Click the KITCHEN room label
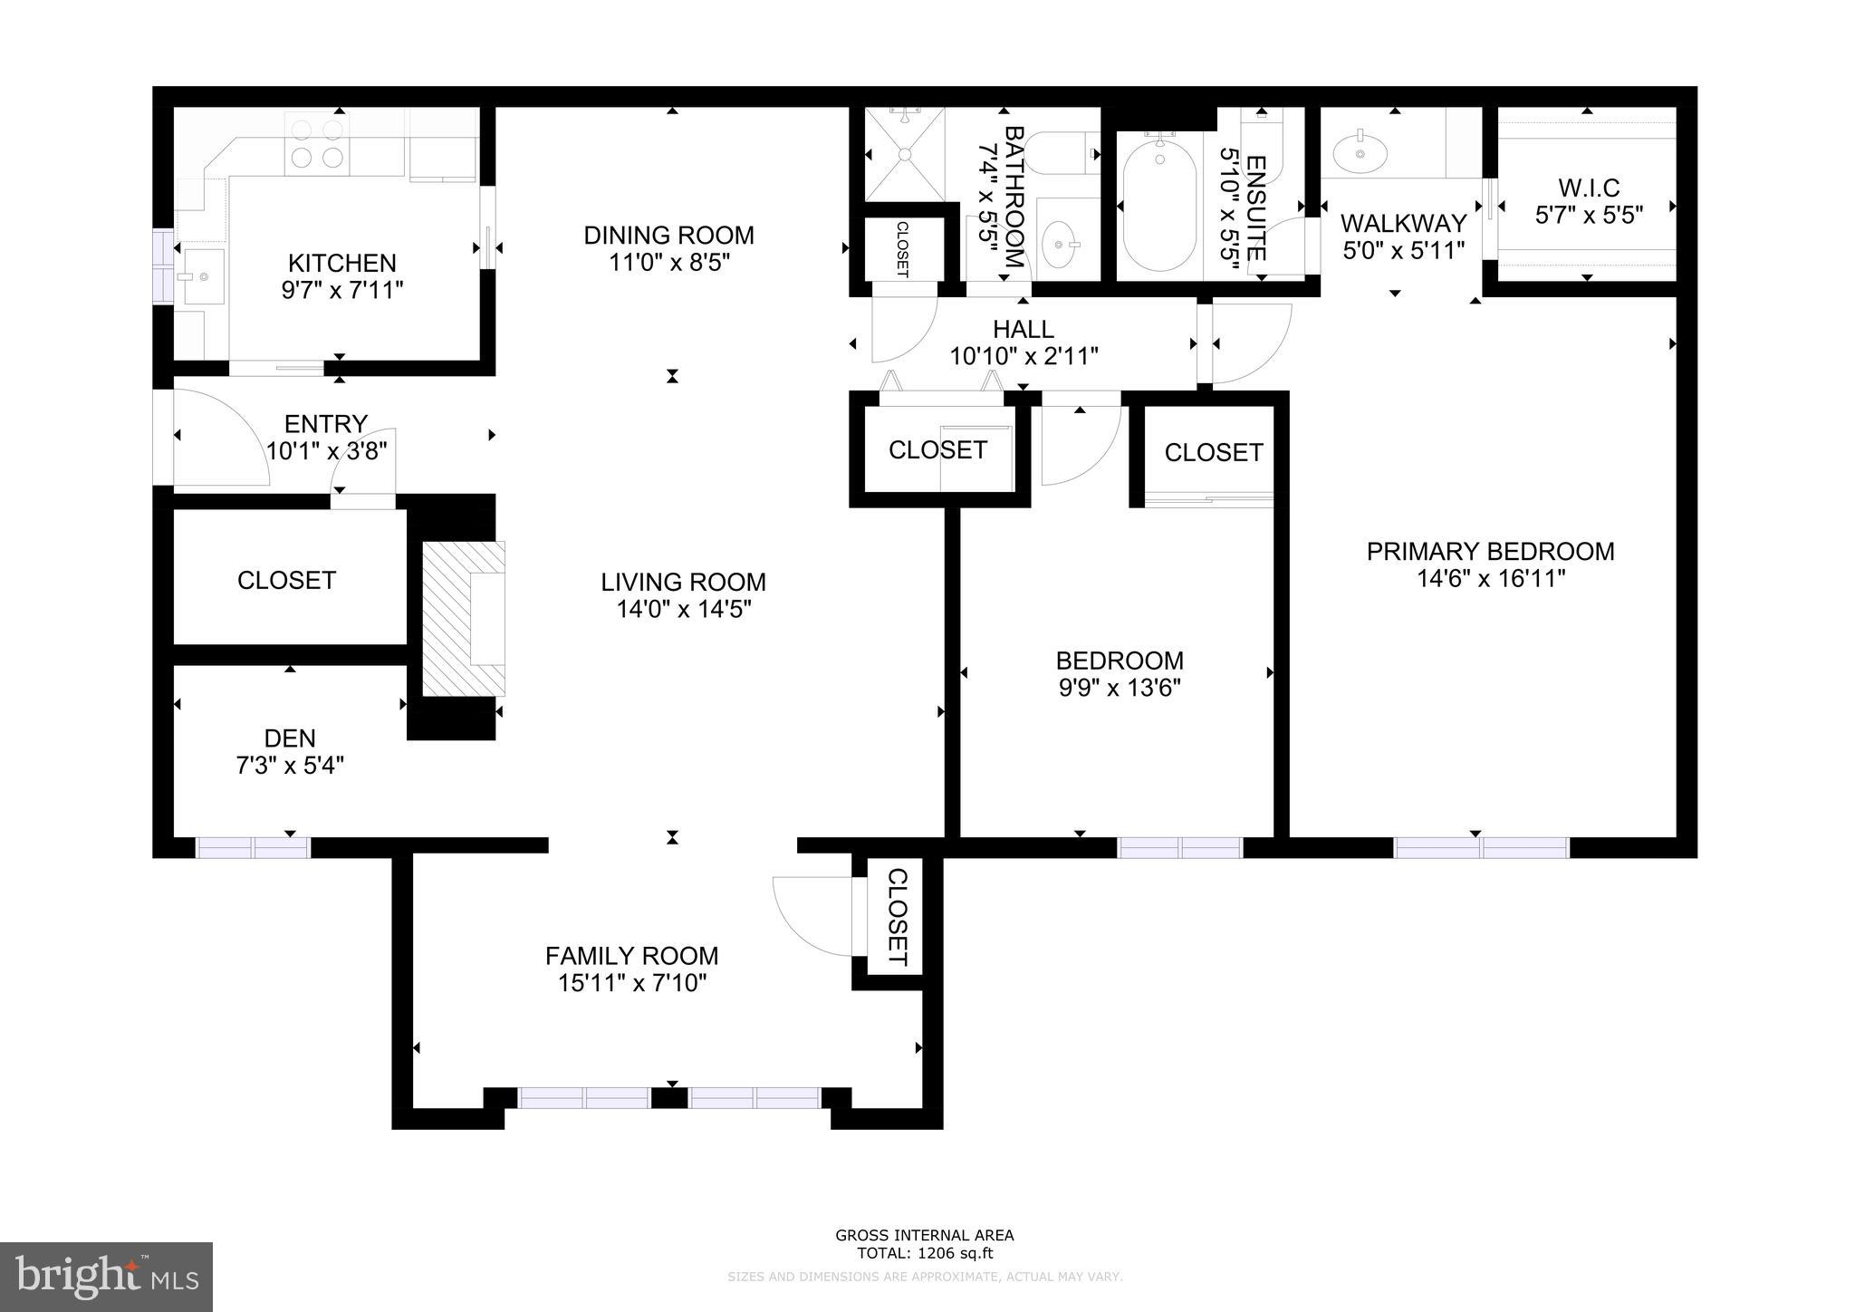(x=341, y=264)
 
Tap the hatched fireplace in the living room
(x=462, y=619)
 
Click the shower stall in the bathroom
(x=904, y=154)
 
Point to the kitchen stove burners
(x=317, y=145)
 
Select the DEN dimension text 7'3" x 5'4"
(x=290, y=767)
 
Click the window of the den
(x=254, y=847)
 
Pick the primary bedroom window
(x=1480, y=847)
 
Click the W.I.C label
(x=1589, y=188)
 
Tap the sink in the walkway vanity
(x=1360, y=153)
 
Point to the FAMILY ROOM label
(x=631, y=956)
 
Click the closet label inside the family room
(x=897, y=917)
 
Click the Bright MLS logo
(x=106, y=1277)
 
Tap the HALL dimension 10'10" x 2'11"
(x=1024, y=356)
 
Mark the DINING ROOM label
(x=668, y=236)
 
